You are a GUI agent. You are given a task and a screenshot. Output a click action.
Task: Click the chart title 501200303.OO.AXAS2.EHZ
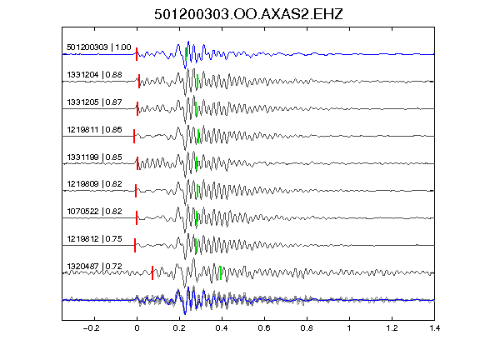(x=248, y=14)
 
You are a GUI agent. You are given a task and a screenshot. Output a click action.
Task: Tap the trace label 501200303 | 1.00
(x=99, y=47)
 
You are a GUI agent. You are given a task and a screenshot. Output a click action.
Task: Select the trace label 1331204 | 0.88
(x=95, y=75)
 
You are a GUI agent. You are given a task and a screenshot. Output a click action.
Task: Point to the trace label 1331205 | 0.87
(x=95, y=102)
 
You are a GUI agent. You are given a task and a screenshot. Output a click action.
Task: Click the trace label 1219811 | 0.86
(x=95, y=130)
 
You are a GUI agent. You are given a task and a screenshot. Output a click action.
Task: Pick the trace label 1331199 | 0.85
(x=95, y=157)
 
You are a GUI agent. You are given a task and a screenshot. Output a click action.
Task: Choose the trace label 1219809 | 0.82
(x=95, y=184)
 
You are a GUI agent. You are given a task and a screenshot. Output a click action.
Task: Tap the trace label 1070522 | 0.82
(x=95, y=212)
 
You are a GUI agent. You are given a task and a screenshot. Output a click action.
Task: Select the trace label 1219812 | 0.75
(x=95, y=239)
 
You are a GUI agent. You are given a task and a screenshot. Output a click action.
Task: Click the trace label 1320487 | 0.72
(x=95, y=267)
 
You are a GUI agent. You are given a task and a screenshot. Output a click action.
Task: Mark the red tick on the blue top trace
(x=137, y=54)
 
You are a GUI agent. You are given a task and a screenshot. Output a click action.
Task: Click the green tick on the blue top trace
(x=186, y=54)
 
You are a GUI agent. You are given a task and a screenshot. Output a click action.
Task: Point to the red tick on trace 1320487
(x=152, y=272)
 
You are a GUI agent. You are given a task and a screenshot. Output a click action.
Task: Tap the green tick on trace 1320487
(x=221, y=272)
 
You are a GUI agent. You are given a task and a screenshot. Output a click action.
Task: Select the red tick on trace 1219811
(x=134, y=136)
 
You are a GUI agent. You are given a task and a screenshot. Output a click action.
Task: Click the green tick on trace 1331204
(x=197, y=81)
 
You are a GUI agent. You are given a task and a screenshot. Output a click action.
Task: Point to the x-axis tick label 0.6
(x=264, y=328)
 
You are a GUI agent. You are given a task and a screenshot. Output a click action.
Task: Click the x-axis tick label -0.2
(x=91, y=328)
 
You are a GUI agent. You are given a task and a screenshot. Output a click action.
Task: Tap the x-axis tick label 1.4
(x=435, y=328)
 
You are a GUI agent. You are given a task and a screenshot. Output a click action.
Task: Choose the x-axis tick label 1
(x=349, y=328)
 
